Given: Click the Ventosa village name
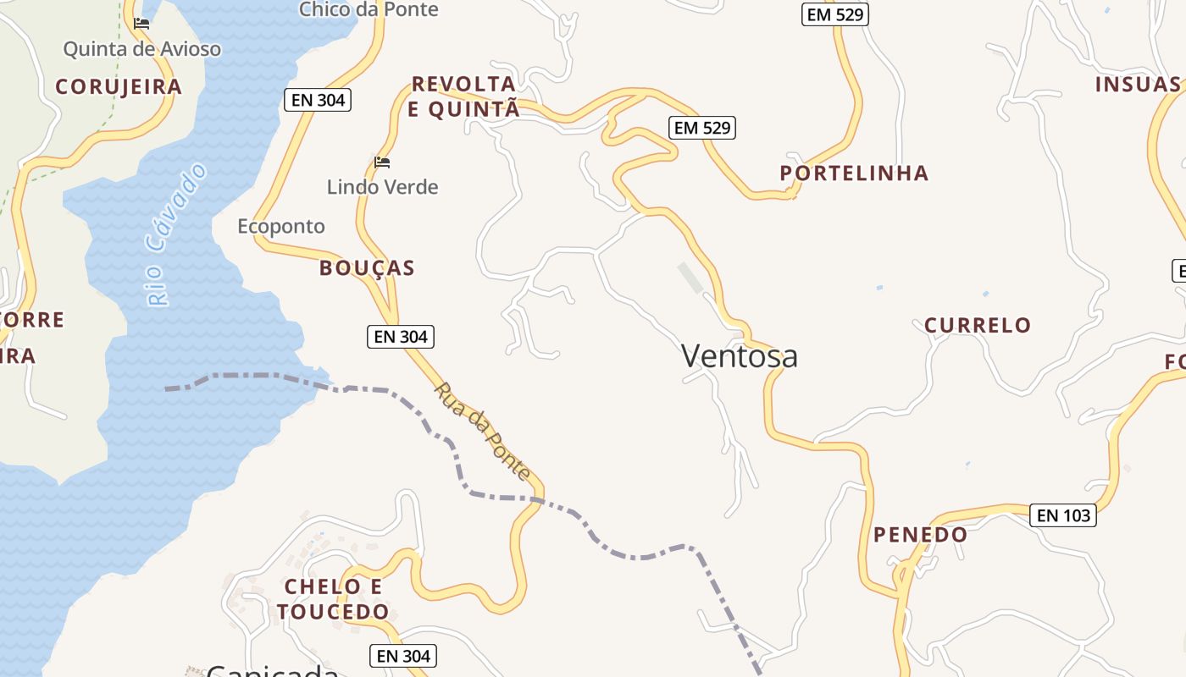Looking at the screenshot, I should point(739,356).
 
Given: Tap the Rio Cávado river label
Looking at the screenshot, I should point(175,234).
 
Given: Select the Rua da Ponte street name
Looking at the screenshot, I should point(482,431).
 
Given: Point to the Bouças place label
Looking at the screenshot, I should point(367,268).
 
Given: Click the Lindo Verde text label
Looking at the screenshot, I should point(382,187).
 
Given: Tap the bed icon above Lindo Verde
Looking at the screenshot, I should point(382,162).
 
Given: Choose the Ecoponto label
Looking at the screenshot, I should point(280,226).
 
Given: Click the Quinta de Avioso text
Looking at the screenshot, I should point(141,49).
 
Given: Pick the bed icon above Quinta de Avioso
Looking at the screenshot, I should point(141,24).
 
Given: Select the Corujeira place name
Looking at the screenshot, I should point(119,86).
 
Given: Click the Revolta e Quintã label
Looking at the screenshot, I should point(463,96).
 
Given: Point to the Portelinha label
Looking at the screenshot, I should point(854,173).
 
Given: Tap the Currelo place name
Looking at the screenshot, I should point(977,325).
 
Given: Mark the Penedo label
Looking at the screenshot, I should point(920,535).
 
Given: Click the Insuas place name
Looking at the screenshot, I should point(1137,85).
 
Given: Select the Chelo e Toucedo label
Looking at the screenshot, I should point(333,599).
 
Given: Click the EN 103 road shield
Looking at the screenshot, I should point(1062,515).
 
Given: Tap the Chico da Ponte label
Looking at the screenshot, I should point(369,9).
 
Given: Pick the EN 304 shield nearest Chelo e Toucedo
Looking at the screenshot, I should point(402,656).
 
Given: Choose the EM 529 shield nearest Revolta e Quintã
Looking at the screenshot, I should point(701,128).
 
